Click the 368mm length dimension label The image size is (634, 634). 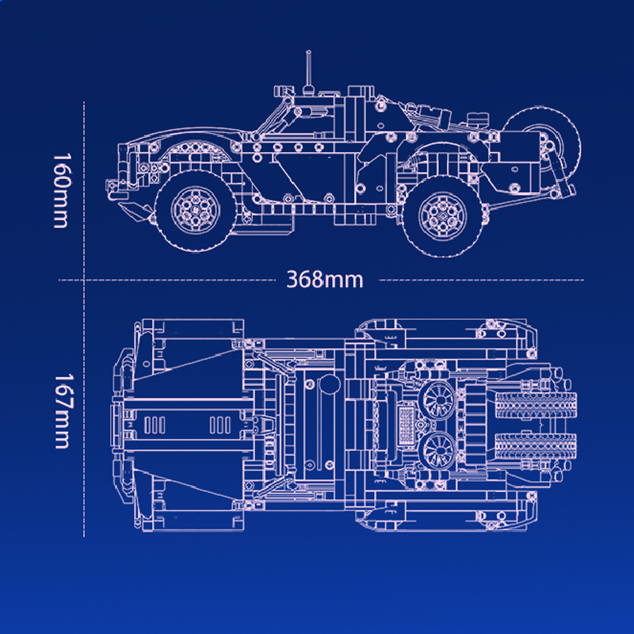click(326, 280)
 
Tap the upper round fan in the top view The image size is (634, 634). click(437, 395)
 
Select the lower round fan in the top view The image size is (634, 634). click(437, 452)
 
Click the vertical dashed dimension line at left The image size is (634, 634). click(84, 317)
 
